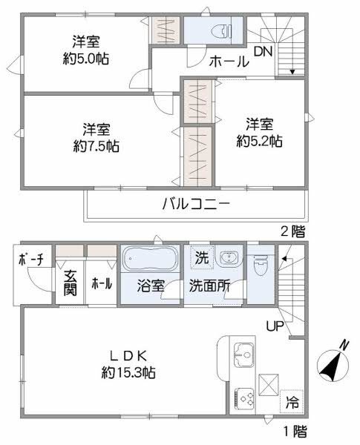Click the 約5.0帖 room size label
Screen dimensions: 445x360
pos(86,58)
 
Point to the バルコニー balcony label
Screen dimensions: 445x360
pos(196,202)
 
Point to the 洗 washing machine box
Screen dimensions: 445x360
pos(201,259)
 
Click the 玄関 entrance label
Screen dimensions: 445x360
pos(70,283)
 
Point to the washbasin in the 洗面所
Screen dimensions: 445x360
pos(229,259)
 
